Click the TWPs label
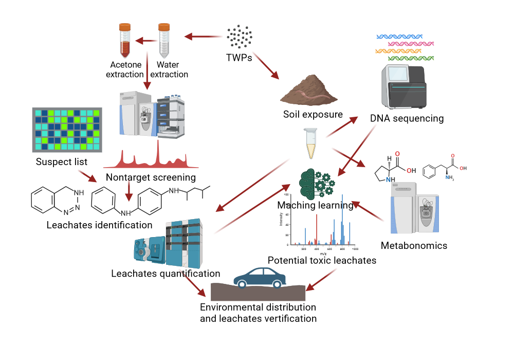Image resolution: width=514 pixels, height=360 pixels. pyautogui.click(x=239, y=58)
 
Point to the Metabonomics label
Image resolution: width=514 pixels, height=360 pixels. pyautogui.click(x=414, y=245)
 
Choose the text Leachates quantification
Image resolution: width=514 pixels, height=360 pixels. pyautogui.click(x=166, y=274)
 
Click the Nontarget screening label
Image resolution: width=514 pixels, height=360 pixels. pyautogui.click(x=151, y=177)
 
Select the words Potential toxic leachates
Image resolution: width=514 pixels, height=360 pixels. pyautogui.click(x=322, y=260)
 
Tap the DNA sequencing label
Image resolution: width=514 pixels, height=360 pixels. pyautogui.click(x=407, y=118)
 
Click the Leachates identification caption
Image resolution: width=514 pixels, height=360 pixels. pyautogui.click(x=99, y=225)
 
